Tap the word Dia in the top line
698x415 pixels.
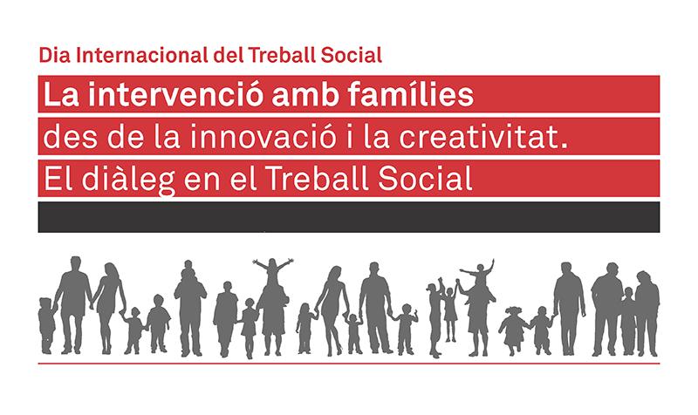[x=55, y=55]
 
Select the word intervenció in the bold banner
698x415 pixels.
[x=176, y=94]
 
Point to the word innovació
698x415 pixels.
[x=263, y=136]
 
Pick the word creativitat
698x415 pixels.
[x=477, y=136]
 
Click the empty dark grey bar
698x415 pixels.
[x=348, y=217]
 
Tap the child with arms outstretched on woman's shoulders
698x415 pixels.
[x=273, y=270]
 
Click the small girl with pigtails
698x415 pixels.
[x=513, y=330]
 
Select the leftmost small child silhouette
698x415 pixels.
[x=47, y=325]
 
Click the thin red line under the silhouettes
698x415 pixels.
[x=348, y=364]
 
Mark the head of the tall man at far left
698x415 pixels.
[x=76, y=263]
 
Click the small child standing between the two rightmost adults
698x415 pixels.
[x=628, y=320]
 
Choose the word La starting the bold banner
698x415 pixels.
[x=61, y=94]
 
